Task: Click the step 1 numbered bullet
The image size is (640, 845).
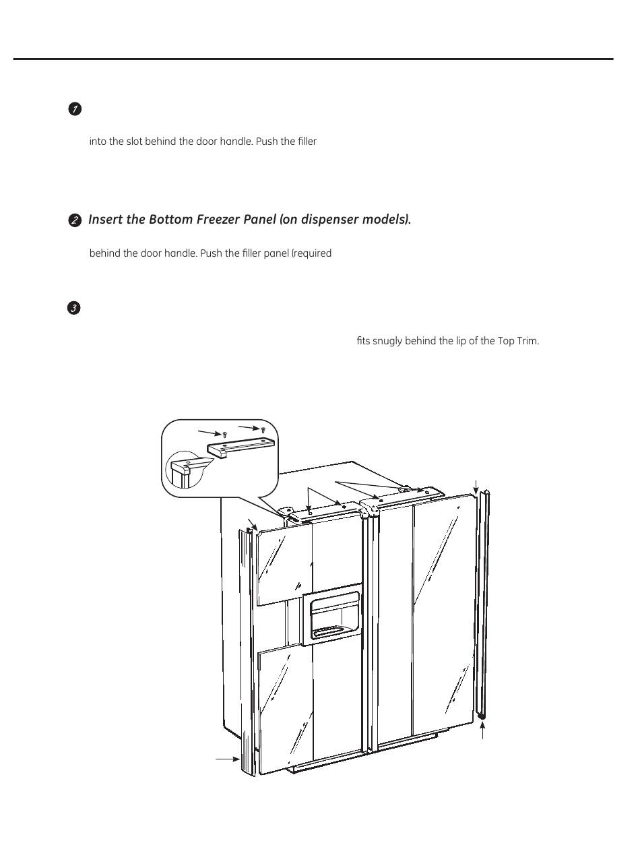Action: pyautogui.click(x=75, y=110)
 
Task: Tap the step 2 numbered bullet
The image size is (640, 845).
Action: pyautogui.click(x=75, y=220)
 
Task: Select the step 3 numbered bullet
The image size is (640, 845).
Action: pyautogui.click(x=75, y=309)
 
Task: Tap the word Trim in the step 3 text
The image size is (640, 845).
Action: pyautogui.click(x=528, y=341)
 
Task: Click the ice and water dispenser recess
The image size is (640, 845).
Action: pyautogui.click(x=333, y=616)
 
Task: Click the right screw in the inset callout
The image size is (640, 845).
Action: pyautogui.click(x=263, y=429)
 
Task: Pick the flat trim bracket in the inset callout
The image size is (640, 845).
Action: pyautogui.click(x=241, y=449)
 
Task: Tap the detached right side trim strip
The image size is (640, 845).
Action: pyautogui.click(x=482, y=606)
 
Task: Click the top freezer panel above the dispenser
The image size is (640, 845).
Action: pyautogui.click(x=282, y=563)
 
